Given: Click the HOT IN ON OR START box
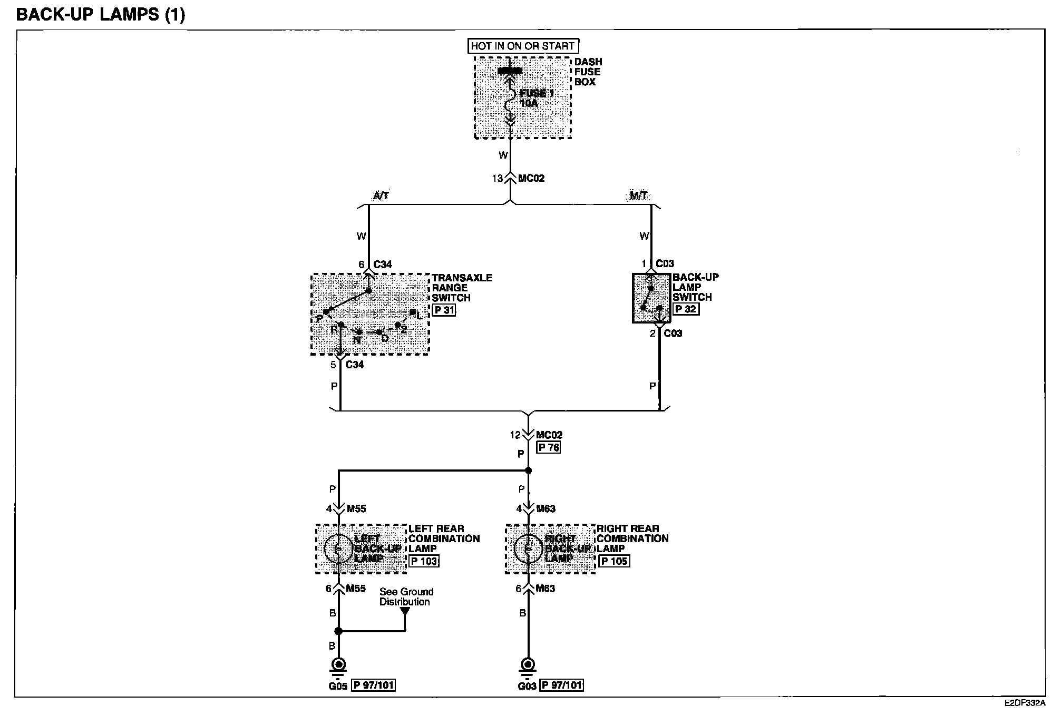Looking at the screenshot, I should pyautogui.click(x=523, y=46).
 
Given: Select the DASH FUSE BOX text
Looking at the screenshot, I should pyautogui.click(x=588, y=72).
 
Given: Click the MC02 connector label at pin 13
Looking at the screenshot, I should pyautogui.click(x=531, y=178).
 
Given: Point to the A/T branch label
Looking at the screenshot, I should pyautogui.click(x=381, y=196).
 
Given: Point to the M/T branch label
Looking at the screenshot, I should pyautogui.click(x=638, y=196).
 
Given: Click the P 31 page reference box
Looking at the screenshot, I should pyautogui.click(x=444, y=310).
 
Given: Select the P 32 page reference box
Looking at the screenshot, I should pyautogui.click(x=686, y=309).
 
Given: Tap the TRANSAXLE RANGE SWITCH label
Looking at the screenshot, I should pyautogui.click(x=462, y=288).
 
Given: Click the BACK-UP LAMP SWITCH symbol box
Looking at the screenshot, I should pyautogui.click(x=651, y=298).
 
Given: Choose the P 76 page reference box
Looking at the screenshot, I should pyautogui.click(x=548, y=447).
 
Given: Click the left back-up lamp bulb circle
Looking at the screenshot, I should pyautogui.click(x=338, y=549).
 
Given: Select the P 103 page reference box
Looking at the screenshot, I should pyautogui.click(x=424, y=561).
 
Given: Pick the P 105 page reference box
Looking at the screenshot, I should pyautogui.click(x=614, y=561).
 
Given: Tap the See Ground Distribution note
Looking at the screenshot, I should pyautogui.click(x=406, y=596).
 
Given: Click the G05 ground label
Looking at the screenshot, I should pyautogui.click(x=338, y=685).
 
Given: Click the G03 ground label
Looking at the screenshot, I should pyautogui.click(x=527, y=685).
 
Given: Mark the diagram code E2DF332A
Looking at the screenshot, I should pyautogui.click(x=1025, y=703).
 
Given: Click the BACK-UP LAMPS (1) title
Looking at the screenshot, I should pyautogui.click(x=101, y=14).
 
